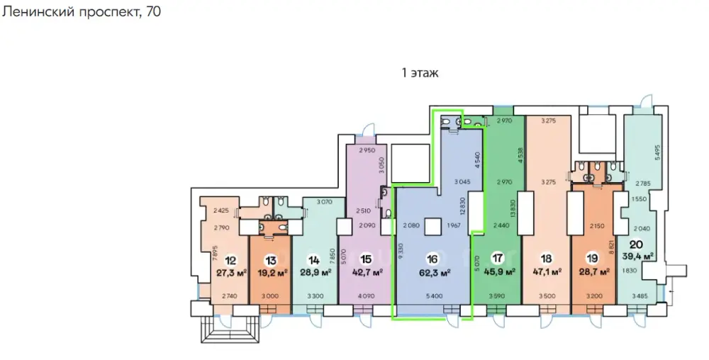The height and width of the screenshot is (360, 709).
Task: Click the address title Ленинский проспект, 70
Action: point(81,11)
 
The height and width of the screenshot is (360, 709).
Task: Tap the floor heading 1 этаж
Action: point(420,73)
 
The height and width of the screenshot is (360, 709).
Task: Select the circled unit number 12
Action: point(231,260)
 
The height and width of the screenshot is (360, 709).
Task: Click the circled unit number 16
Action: point(432,259)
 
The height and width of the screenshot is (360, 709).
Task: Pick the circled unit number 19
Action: point(592,259)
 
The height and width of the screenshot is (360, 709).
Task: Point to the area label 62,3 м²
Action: point(433,272)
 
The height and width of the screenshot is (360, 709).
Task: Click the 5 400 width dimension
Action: point(433,296)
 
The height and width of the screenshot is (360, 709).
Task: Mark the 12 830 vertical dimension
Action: point(462,209)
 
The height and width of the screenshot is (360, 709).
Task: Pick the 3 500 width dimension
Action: point(546,296)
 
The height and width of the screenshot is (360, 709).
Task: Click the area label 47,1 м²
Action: point(546,272)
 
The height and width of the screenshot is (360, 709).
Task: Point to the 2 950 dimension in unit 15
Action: point(367,150)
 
